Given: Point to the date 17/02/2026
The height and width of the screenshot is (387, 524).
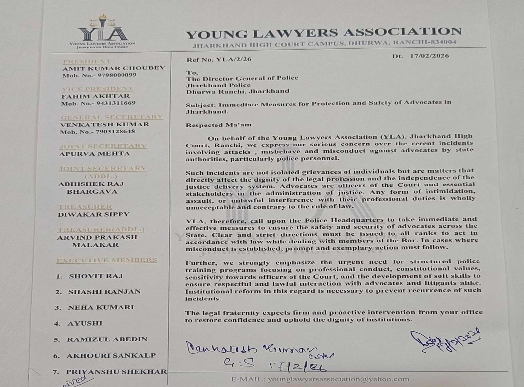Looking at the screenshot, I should pyautogui.click(x=429, y=56).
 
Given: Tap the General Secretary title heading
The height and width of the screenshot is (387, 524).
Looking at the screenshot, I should pyautogui.click(x=111, y=117).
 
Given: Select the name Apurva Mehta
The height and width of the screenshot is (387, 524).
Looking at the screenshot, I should pyautogui.click(x=94, y=153).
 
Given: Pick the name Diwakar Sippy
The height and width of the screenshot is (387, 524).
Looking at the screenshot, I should pyautogui.click(x=94, y=214).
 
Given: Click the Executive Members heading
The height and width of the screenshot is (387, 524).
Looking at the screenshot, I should pyautogui.click(x=106, y=261).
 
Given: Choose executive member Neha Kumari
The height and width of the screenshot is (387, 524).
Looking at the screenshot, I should pyautogui.click(x=101, y=307).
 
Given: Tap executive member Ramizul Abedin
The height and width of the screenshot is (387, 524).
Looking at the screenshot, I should pyautogui.click(x=107, y=339).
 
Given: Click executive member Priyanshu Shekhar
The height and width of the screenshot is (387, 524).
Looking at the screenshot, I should pyautogui.click(x=116, y=372).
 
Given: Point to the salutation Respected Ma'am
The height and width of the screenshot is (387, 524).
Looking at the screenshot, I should pyautogui.click(x=219, y=125).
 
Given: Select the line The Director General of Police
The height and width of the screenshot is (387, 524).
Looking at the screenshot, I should pyautogui.click(x=242, y=78).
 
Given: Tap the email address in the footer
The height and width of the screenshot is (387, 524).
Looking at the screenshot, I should pyautogui.click(x=338, y=379).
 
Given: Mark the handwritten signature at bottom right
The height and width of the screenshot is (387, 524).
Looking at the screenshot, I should pyautogui.click(x=445, y=341).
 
